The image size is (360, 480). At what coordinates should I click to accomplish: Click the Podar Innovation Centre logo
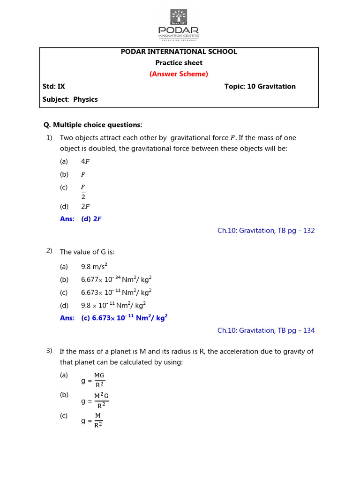pos(178,24)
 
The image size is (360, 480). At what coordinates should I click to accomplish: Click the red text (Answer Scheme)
pos(179,74)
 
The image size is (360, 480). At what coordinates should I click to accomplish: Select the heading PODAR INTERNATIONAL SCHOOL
pos(179,52)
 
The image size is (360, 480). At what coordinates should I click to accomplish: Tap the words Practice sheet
pos(179,63)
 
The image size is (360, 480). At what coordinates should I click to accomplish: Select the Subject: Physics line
pos(70,99)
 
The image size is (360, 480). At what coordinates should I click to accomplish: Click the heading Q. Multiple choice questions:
pos(92,125)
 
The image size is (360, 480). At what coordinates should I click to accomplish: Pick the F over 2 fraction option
pos(83,191)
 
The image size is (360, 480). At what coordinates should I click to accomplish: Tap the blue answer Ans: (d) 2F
pos(81,219)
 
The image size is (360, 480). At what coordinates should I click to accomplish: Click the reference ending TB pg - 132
pos(266,231)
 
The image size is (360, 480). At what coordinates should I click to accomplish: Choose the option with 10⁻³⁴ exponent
pos(116,280)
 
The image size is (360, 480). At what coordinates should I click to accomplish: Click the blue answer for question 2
pos(113,317)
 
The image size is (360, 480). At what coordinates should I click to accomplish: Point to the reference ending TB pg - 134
pos(266,330)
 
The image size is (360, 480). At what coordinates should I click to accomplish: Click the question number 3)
pos(49,351)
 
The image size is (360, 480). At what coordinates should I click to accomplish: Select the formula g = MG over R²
pos(93,380)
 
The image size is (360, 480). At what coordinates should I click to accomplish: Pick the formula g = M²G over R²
pos(95,400)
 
